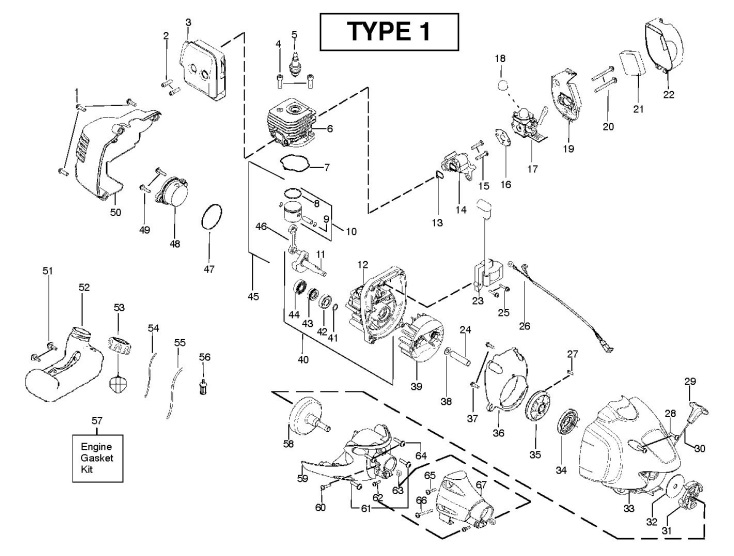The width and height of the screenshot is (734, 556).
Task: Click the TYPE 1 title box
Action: pos(389,31)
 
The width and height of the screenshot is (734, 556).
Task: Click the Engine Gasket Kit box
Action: pos(97,457)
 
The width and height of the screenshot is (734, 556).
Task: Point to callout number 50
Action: pos(116,212)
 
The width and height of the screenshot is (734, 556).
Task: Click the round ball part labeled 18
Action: pos(501,87)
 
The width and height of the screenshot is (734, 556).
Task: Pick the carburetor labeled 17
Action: pos(528,122)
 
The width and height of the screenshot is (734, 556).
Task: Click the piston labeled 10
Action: pos(298,216)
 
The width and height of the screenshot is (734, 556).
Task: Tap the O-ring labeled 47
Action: pos(211,217)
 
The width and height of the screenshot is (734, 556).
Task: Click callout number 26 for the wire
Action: pos(524,325)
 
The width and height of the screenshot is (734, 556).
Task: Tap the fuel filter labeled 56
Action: pos(204,384)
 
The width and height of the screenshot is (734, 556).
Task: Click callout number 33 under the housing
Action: pos(629,508)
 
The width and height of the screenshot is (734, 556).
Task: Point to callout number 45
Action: pos(253,297)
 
